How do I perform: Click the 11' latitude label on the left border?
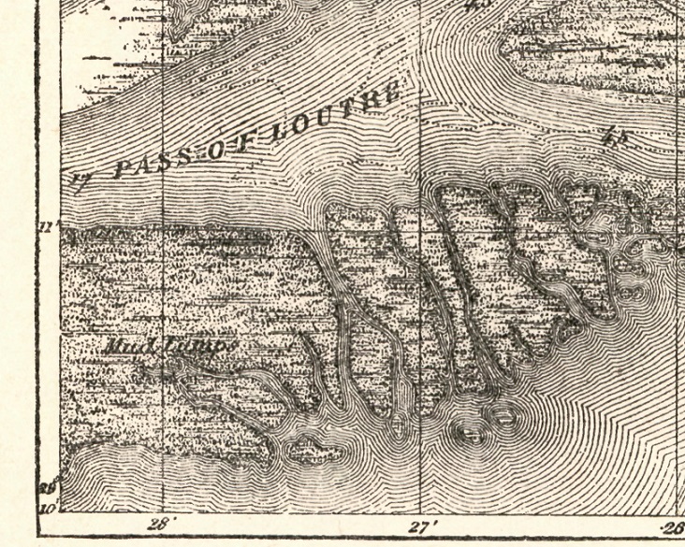click(x=50, y=225)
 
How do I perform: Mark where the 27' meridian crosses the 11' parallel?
click(x=420, y=226)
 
